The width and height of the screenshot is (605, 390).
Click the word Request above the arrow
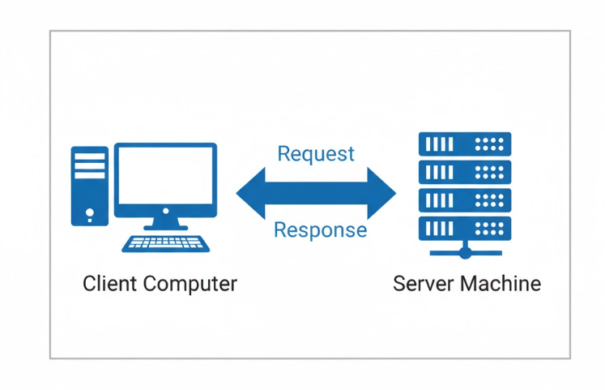click(316, 153)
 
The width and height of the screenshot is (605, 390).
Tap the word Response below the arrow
click(320, 230)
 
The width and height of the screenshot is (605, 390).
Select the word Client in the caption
click(110, 284)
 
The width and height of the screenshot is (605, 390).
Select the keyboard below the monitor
click(165, 242)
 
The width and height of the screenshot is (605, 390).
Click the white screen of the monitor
click(165, 176)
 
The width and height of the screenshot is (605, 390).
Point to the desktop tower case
click(89, 186)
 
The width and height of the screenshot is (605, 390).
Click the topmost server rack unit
click(465, 144)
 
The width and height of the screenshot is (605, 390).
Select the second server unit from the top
click(465, 172)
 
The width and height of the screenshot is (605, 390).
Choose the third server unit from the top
click(465, 199)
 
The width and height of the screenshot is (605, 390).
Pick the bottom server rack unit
click(465, 226)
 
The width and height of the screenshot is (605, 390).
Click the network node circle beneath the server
click(465, 252)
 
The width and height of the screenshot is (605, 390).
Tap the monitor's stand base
click(165, 226)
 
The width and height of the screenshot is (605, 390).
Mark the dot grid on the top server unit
click(489, 144)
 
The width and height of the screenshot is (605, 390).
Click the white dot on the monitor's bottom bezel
click(165, 211)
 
